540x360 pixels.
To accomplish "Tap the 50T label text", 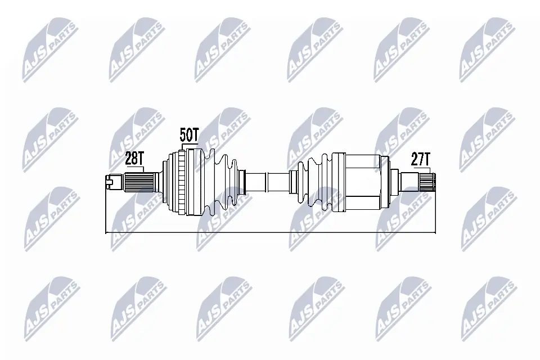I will tap(189, 136).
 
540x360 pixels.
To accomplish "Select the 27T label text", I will tap(420, 159).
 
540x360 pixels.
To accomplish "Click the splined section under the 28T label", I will tap(139, 182).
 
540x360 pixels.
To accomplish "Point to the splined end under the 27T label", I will tap(426, 181).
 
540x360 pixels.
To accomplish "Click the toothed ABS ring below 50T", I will tap(181, 182).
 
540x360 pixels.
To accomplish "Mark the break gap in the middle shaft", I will tap(267, 182).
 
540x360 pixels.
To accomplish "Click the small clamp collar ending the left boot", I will tap(242, 182).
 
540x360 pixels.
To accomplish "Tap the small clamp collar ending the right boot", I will tap(293, 182).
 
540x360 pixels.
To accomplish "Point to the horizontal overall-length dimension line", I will tap(270, 232).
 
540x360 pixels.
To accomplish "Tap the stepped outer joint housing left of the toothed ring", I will tap(168, 182).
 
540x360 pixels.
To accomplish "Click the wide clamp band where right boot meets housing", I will tap(337, 182).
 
